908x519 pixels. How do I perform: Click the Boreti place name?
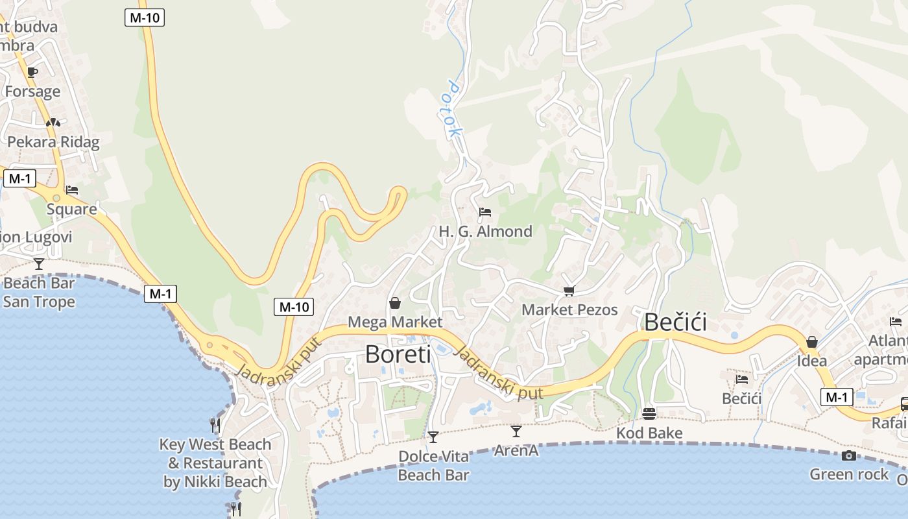pyautogui.click(x=398, y=354)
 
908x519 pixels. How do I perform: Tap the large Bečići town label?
pyautogui.click(x=675, y=322)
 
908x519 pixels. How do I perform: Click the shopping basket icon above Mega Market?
pyautogui.click(x=394, y=303)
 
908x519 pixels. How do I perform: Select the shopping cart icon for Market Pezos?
pyautogui.click(x=569, y=291)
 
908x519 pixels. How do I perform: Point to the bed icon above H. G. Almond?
pyautogui.click(x=484, y=212)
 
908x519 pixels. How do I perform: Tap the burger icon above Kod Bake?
pyautogui.click(x=649, y=413)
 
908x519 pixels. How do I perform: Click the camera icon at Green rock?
pyautogui.click(x=848, y=455)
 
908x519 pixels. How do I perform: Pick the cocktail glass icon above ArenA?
pyautogui.click(x=516, y=431)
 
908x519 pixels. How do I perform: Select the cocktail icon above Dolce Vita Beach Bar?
pyautogui.click(x=433, y=437)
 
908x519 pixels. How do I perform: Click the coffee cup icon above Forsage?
pyautogui.click(x=32, y=72)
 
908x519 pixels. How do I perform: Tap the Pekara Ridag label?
pyautogui.click(x=53, y=142)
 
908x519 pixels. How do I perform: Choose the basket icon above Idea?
pyautogui.click(x=811, y=342)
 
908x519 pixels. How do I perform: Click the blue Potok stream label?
pyautogui.click(x=455, y=109)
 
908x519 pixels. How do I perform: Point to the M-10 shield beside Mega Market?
pyautogui.click(x=293, y=307)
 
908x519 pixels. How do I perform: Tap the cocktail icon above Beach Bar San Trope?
pyautogui.click(x=39, y=263)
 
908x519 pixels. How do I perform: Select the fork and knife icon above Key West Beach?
pyautogui.click(x=215, y=426)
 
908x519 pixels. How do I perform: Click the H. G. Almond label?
pyautogui.click(x=485, y=231)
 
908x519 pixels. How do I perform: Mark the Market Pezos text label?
pyautogui.click(x=569, y=309)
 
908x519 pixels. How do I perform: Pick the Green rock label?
pyautogui.click(x=848, y=474)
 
